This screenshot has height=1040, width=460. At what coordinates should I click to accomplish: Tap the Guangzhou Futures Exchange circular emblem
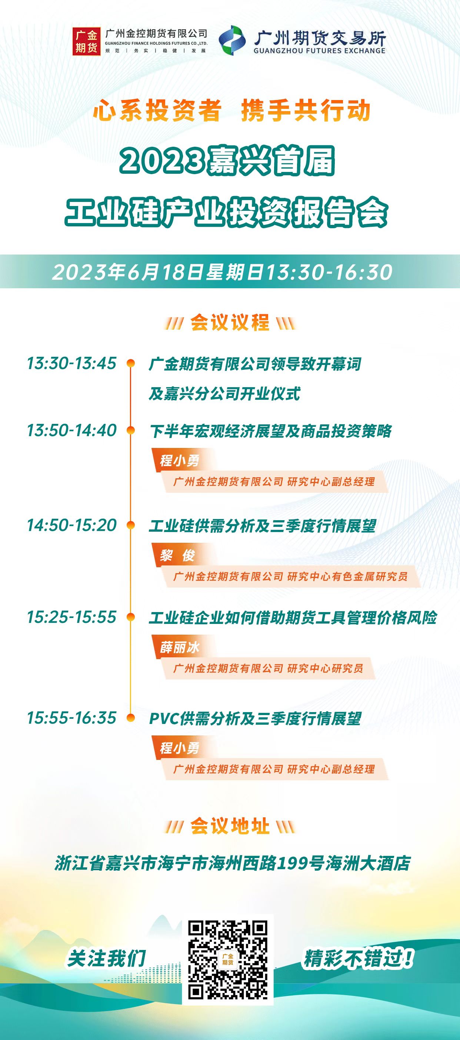point(233,40)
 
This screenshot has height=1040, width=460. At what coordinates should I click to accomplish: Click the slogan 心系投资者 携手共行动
point(231,111)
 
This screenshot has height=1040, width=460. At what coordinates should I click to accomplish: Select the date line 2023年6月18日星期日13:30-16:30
point(222,272)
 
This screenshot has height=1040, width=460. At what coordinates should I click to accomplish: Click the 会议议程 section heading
point(230,323)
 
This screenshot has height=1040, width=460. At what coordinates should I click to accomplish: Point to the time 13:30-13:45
point(72,363)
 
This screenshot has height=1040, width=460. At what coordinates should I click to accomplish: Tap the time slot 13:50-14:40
point(72,431)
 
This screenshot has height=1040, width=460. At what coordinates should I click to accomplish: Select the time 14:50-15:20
point(72,525)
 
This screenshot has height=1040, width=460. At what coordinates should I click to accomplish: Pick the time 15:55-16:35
point(72,718)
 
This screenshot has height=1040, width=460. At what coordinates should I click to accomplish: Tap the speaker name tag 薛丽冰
point(180,647)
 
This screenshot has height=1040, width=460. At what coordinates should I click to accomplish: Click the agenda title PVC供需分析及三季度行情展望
point(255,719)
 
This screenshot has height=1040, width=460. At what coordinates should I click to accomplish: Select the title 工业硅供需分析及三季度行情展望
point(262,526)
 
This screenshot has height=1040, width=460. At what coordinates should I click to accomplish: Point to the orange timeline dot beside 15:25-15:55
point(131,617)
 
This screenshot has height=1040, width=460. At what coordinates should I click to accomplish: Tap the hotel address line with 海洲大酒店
point(233,864)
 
